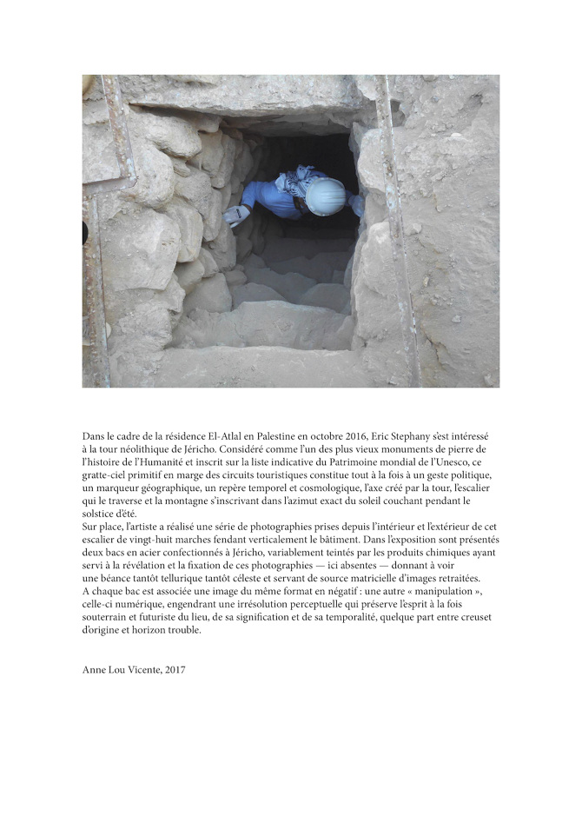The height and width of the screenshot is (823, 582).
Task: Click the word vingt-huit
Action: coord(142,539)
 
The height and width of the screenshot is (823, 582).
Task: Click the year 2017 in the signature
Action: coord(175,670)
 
